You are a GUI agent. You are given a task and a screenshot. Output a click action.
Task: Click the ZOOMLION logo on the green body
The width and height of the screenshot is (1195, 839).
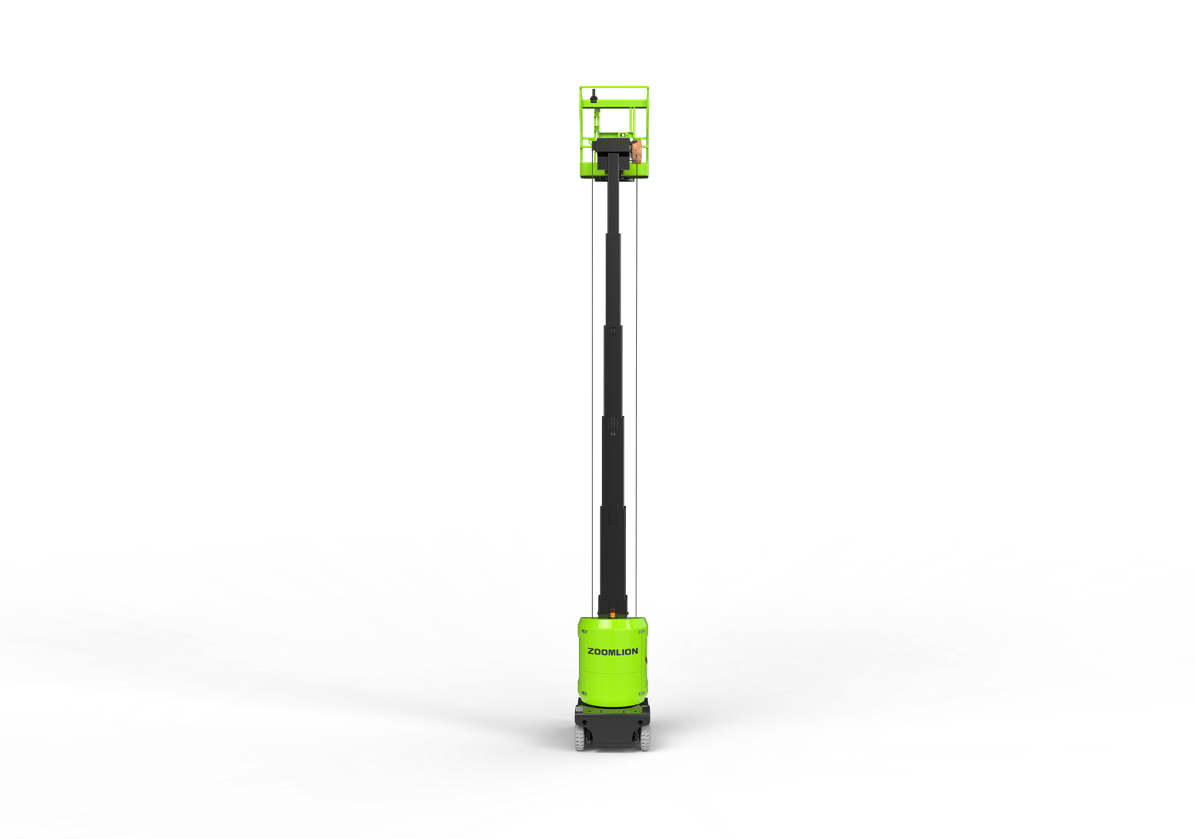612,651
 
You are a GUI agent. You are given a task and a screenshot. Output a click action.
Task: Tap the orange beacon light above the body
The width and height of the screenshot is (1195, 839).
612,614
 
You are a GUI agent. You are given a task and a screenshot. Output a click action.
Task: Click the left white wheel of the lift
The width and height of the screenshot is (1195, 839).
579,737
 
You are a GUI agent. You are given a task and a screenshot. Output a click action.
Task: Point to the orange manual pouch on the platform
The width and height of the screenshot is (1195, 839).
636,151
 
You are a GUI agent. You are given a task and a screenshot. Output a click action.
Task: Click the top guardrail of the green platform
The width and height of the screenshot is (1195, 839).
614,87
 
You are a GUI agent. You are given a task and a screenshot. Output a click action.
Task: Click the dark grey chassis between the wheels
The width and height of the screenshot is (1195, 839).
612,732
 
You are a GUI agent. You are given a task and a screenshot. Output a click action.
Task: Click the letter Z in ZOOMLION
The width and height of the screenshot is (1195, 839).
591,651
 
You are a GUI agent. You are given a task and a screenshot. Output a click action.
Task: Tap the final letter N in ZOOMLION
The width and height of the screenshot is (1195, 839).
635,651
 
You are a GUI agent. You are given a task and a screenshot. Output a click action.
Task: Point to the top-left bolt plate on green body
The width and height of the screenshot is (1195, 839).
584,631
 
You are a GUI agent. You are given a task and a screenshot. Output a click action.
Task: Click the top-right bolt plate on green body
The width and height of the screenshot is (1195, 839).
641,631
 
